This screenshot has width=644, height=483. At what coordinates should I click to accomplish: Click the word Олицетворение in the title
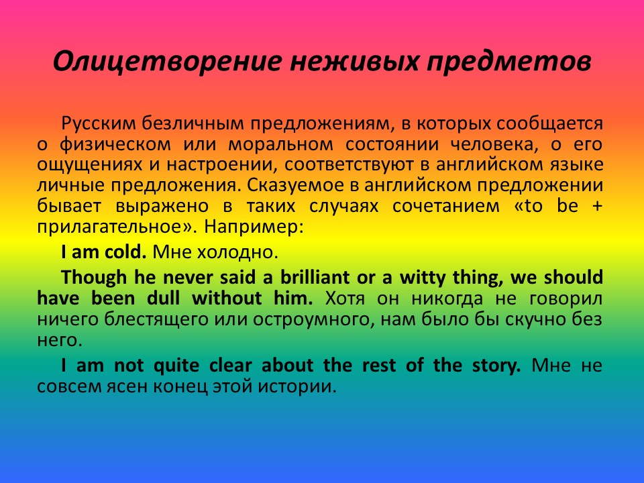168,62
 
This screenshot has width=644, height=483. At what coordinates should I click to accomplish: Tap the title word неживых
354,62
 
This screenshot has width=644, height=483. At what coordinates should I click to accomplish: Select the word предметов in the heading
509,62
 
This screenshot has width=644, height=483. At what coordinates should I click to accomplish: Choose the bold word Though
94,278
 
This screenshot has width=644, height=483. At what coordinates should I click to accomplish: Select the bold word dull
164,298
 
